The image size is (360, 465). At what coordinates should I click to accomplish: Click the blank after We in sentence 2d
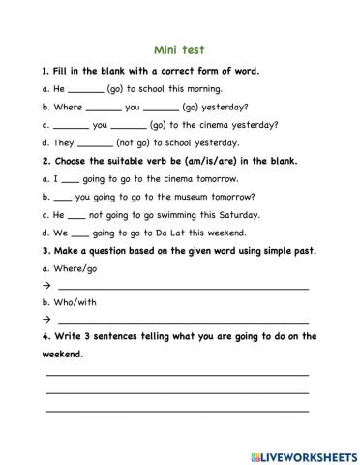(80, 234)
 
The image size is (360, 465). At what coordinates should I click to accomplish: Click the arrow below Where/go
(45, 287)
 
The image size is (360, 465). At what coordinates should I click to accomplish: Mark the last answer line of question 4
(177, 410)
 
